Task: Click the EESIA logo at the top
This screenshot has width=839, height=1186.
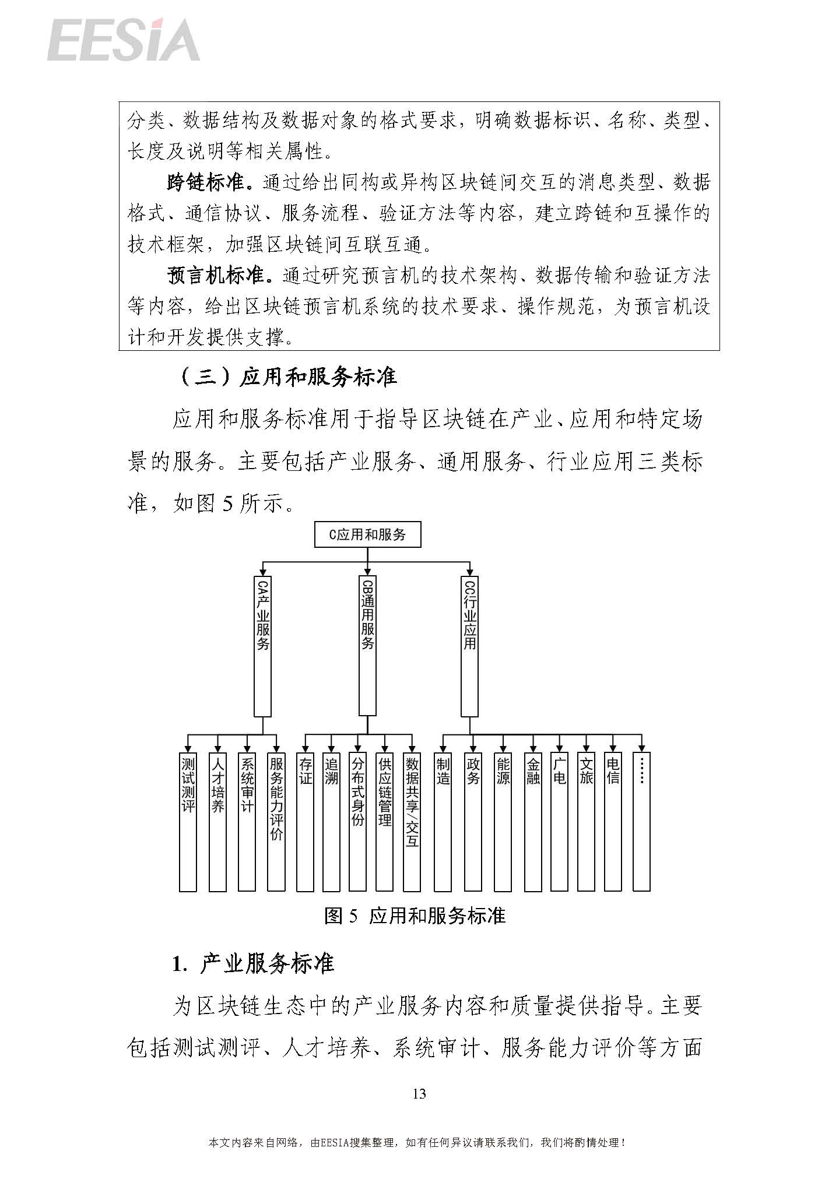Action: click(x=124, y=40)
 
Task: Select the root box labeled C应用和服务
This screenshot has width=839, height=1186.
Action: click(x=367, y=534)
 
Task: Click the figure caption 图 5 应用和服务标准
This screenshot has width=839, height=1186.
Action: click(x=415, y=916)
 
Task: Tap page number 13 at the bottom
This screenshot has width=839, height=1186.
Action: click(x=419, y=1093)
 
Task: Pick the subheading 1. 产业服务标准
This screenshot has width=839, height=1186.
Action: click(x=253, y=964)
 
